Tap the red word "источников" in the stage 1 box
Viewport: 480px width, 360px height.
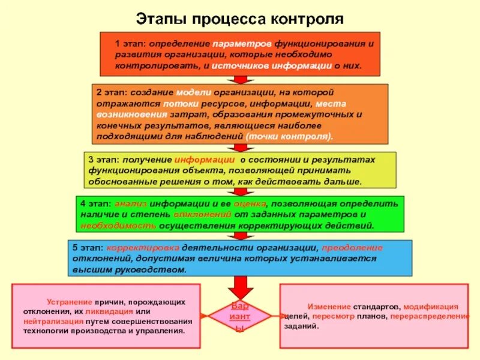(x=238, y=65)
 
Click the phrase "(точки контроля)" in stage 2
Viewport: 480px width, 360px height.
(x=288, y=136)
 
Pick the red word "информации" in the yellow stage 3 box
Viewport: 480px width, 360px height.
(x=205, y=160)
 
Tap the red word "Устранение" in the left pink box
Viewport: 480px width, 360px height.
(x=70, y=302)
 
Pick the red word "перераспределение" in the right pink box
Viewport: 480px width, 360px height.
(x=433, y=316)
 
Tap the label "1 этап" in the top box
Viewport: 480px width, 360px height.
(x=130, y=44)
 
